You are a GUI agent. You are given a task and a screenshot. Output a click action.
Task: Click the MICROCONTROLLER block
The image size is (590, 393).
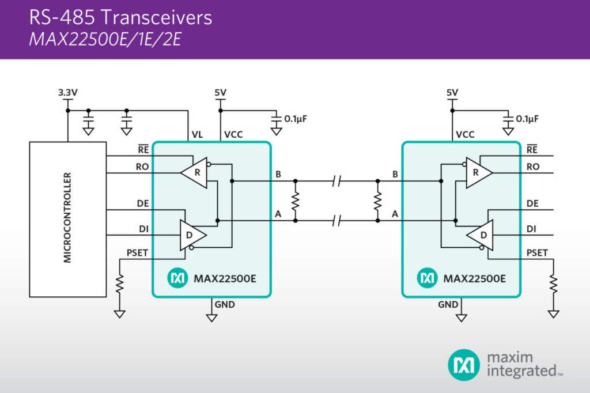[67, 219]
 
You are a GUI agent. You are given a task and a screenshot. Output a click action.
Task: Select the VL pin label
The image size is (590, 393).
[197, 135]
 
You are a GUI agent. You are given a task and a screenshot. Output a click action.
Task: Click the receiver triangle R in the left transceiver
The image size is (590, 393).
[194, 172]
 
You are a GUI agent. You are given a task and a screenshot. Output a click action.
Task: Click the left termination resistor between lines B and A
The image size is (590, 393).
[296, 201]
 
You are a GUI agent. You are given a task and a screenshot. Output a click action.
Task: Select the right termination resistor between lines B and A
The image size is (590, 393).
[378, 201]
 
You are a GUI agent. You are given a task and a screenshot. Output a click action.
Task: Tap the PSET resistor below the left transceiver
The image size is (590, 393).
[120, 284]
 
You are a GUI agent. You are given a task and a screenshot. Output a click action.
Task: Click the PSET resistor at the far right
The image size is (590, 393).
[554, 284]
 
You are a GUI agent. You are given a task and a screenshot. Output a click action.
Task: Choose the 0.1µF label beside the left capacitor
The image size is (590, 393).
[297, 119]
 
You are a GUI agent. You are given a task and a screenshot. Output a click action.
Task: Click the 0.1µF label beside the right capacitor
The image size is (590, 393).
[527, 119]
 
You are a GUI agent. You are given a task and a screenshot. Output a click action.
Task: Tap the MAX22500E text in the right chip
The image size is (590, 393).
[474, 279]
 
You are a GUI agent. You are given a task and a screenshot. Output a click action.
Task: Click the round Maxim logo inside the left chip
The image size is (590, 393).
[177, 278]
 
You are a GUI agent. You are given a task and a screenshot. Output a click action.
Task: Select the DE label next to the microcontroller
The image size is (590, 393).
[143, 203]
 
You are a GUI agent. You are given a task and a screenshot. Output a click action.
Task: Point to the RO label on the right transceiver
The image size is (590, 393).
[533, 167]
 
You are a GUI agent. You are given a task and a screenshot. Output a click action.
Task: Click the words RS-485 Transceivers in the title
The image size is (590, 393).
[120, 18]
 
